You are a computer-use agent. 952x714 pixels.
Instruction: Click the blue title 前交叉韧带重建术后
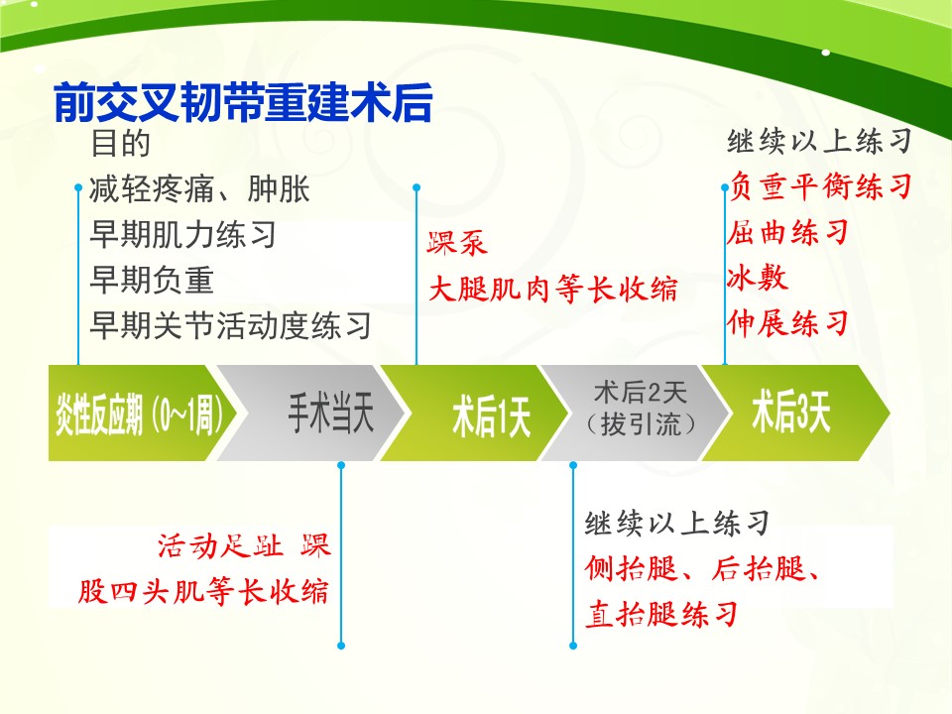point(243,102)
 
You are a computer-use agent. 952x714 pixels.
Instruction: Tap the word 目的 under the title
point(120,143)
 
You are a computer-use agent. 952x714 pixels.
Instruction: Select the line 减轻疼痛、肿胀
point(199,188)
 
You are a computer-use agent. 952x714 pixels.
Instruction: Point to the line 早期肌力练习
point(182,234)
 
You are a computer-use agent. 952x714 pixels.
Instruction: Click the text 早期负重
point(152,280)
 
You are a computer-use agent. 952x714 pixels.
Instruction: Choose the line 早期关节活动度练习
point(230,325)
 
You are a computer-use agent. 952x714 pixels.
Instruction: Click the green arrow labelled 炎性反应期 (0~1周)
point(143,413)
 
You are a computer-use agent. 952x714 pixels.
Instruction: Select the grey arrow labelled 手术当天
point(310,413)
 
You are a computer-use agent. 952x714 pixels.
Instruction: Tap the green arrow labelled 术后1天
point(475,413)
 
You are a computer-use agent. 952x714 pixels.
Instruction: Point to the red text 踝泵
point(457,243)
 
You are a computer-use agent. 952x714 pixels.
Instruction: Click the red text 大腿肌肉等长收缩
point(553,288)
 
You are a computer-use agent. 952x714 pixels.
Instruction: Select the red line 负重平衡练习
point(821,185)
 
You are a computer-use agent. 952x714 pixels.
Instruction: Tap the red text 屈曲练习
point(788,231)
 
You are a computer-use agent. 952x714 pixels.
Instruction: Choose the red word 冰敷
point(758,277)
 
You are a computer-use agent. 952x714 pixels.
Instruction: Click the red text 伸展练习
point(788,322)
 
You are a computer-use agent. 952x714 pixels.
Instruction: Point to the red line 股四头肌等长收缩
point(203,591)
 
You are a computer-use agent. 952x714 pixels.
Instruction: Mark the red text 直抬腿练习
point(661,614)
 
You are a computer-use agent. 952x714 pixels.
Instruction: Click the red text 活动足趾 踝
point(244,545)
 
